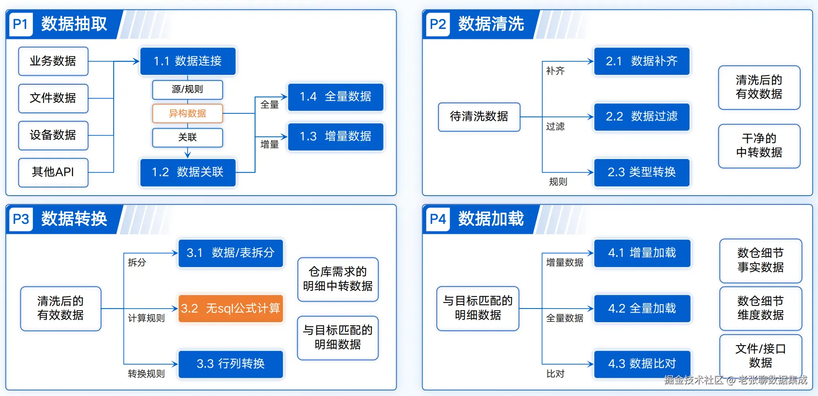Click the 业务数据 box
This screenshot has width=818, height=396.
pyautogui.click(x=53, y=61)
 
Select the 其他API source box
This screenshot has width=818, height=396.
pyautogui.click(x=53, y=172)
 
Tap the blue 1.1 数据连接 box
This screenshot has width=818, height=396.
pyautogui.click(x=188, y=61)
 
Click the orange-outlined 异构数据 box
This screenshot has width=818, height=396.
pyautogui.click(x=188, y=114)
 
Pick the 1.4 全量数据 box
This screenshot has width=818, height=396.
pyautogui.click(x=336, y=97)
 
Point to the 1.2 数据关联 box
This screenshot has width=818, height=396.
pyautogui.click(x=188, y=172)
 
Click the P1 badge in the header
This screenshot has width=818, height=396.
pyautogui.click(x=21, y=24)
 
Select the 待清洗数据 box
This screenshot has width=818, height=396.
pyautogui.click(x=479, y=116)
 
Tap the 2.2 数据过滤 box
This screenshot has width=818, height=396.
pyautogui.click(x=642, y=116)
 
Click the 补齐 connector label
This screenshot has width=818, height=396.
pyautogui.click(x=555, y=71)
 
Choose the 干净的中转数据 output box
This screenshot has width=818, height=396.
pyautogui.click(x=759, y=146)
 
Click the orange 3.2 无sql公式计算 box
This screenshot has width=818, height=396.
pyautogui.click(x=231, y=309)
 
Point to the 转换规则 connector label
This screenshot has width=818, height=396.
pyautogui.click(x=146, y=374)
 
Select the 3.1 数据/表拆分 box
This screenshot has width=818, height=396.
pyautogui.click(x=231, y=253)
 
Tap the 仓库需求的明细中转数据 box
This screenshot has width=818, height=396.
pyautogui.click(x=338, y=279)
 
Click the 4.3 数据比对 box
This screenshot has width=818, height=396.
pyautogui.click(x=642, y=364)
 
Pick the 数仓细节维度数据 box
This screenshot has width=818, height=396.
pyautogui.click(x=760, y=308)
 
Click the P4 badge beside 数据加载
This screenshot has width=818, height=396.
pyautogui.click(x=438, y=219)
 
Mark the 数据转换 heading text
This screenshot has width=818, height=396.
pyautogui.click(x=74, y=219)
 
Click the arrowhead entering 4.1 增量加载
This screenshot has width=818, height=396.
pyautogui.click(x=590, y=253)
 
